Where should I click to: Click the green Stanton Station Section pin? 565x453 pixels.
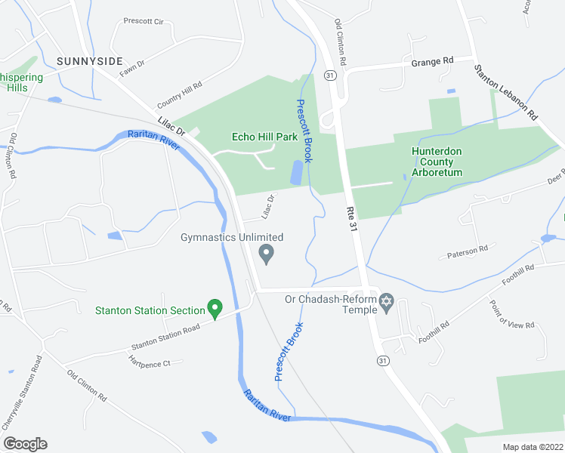[x=215, y=309]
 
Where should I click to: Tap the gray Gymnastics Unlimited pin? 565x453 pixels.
[x=266, y=254]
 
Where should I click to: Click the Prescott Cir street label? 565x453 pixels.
[x=144, y=22]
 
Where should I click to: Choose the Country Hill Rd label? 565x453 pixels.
[x=180, y=96]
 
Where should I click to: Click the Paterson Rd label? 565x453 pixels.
[x=468, y=248]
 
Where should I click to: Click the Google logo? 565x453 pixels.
[x=25, y=443]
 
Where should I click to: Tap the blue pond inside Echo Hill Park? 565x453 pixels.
[x=295, y=173]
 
